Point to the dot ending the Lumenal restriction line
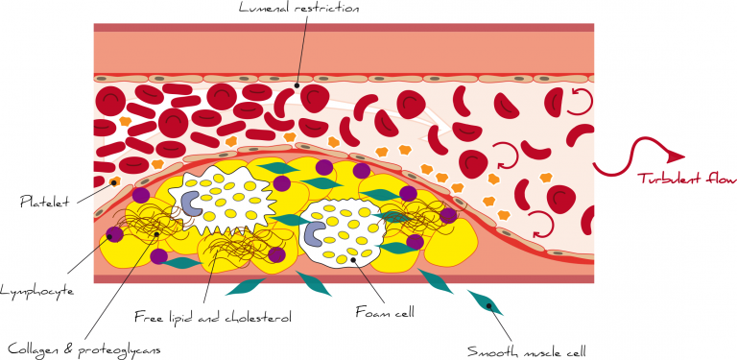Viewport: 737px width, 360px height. point(297,84)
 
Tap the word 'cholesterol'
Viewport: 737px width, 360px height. point(257,315)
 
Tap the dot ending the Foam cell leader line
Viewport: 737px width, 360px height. point(353,258)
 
